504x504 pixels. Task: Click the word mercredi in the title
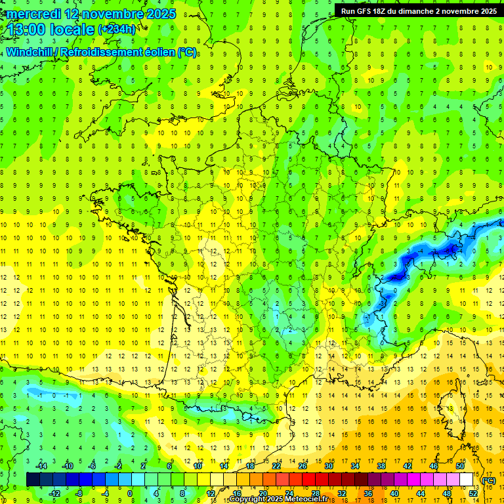click(36, 14)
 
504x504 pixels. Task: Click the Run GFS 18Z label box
click(419, 11)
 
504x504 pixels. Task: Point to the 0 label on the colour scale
click(130, 493)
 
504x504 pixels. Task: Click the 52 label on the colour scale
click(473, 493)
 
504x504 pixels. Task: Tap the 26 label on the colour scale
click(303, 465)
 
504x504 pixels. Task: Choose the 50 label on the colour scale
click(460, 465)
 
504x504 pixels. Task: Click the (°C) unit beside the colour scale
click(489, 480)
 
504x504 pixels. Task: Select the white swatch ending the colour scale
click(467, 480)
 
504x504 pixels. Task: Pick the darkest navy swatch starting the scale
click(33, 480)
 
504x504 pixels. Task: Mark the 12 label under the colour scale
click(211, 493)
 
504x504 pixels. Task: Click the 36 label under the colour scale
click(368, 493)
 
